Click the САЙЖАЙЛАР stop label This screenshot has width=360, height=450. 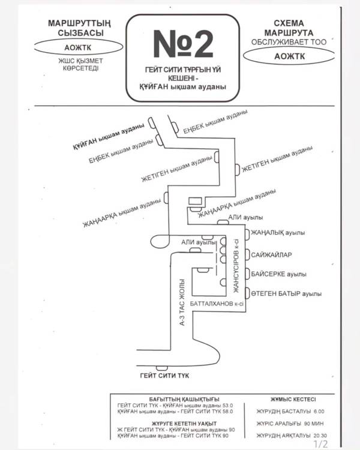point(272,254)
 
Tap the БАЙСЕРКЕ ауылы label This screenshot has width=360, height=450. point(279,274)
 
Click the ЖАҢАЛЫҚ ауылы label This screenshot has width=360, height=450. point(278,233)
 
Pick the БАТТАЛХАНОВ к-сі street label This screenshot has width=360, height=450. point(217,305)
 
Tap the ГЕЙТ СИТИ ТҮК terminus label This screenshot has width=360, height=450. point(162,376)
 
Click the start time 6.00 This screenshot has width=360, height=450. point(318,412)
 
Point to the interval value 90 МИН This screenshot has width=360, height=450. point(314,423)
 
